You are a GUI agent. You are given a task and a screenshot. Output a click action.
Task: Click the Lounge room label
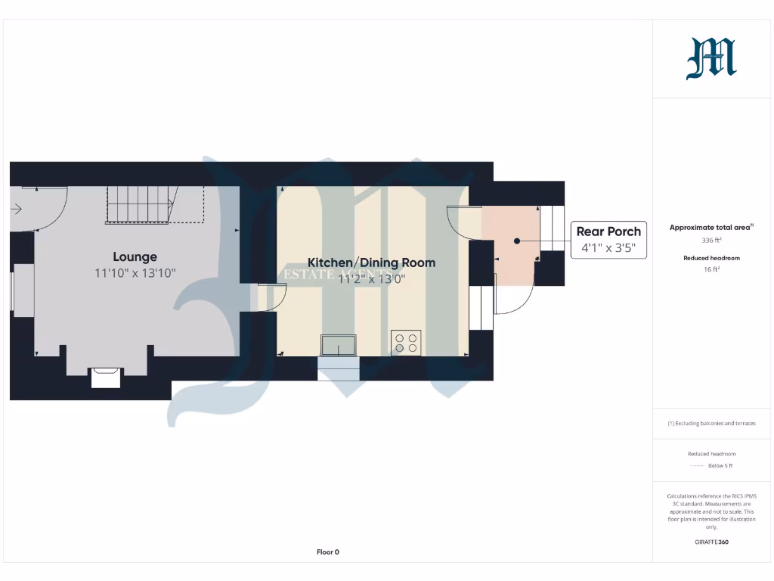click(135, 256)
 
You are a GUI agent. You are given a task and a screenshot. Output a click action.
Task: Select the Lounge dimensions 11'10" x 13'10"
click(135, 273)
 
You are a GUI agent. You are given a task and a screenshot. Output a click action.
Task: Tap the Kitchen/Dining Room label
click(371, 263)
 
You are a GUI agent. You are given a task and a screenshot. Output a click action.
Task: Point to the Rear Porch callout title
click(608, 231)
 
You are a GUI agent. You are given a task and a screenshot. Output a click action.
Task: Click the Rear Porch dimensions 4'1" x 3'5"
click(608, 247)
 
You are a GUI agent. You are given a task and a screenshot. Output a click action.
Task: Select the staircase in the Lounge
click(155, 204)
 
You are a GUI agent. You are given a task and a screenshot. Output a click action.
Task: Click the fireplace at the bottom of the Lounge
click(105, 376)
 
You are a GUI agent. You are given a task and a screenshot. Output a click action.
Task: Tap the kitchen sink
click(339, 345)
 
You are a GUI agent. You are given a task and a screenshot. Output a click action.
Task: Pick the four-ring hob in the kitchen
click(406, 343)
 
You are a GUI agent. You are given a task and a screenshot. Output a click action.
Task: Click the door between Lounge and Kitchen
click(271, 297)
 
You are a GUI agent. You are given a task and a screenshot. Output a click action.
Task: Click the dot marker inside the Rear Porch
click(517, 241)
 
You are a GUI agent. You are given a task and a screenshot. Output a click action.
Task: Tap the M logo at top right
click(711, 59)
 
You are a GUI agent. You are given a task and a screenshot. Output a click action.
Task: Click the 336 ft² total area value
click(711, 241)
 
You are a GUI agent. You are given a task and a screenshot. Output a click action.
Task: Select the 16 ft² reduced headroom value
click(711, 269)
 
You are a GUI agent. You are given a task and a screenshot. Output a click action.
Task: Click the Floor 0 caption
click(327, 552)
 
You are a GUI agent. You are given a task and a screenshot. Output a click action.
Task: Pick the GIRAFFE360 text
click(711, 542)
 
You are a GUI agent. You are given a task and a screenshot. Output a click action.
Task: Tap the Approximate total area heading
click(711, 227)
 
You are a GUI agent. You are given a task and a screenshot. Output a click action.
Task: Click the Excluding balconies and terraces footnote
click(711, 424)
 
